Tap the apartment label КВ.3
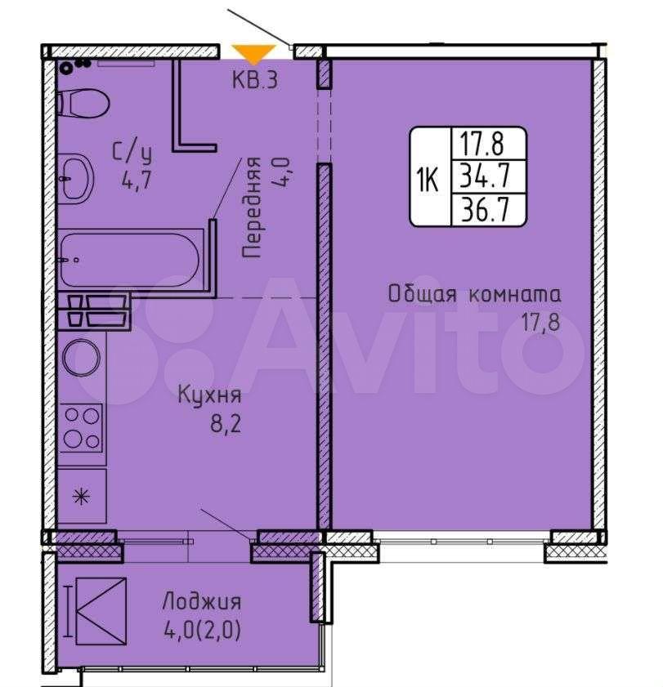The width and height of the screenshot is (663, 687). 255,80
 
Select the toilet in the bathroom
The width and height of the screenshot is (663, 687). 83,104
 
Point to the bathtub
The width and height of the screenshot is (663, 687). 130,260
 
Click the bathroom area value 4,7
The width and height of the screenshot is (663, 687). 137,180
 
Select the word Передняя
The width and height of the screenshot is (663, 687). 252,207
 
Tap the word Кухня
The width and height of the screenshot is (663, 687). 209,395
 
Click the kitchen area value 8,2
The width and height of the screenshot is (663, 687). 226,424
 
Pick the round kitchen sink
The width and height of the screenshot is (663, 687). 82,358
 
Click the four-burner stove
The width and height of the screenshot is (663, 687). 82,428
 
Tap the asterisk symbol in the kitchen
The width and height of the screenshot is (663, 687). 82,497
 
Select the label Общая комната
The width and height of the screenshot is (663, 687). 474,294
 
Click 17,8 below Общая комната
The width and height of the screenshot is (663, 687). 540,323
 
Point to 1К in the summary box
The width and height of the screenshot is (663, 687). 428,179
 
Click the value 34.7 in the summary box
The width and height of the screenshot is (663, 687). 485,176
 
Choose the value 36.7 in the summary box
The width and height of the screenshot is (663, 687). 485,209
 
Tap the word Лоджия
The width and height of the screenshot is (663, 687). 202,601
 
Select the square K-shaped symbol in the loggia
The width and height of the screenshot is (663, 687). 101,611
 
